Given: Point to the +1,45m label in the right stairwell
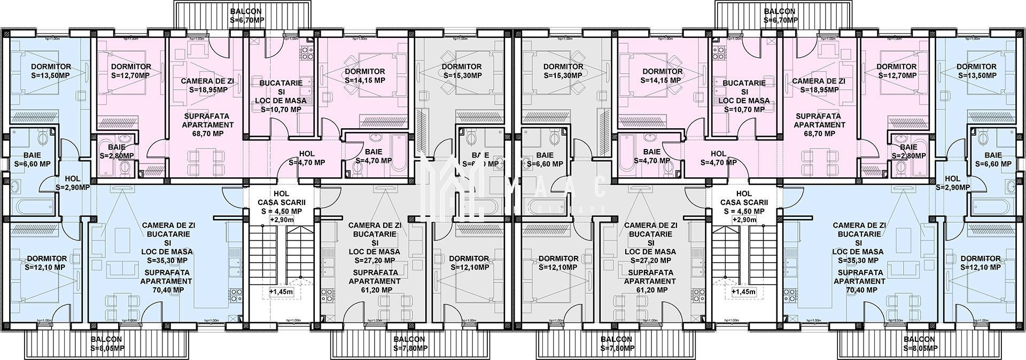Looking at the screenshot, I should click(744, 292).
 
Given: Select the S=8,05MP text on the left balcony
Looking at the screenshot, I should click(107, 348).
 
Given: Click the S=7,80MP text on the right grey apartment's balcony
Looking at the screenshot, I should click(616, 348).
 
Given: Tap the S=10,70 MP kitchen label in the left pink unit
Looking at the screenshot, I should click(281, 109).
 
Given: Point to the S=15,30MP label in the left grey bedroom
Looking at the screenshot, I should click(462, 75).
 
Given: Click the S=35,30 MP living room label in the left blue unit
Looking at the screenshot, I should click(168, 261).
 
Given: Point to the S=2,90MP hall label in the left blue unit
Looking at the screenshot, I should click(73, 187).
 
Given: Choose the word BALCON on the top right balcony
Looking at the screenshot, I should click(779, 11).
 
